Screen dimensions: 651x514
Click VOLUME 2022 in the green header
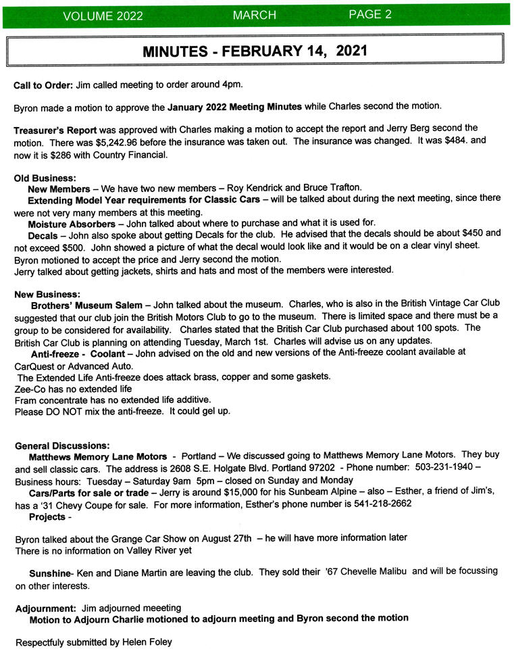[x=102, y=16]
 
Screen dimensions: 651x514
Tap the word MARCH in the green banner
[x=255, y=15]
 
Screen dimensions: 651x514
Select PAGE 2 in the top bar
[x=370, y=14]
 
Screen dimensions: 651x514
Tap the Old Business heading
[x=45, y=178]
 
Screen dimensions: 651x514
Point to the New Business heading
[x=47, y=294]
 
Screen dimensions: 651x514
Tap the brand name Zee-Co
[x=30, y=389]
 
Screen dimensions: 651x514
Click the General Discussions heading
[x=62, y=445]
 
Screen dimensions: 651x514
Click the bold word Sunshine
[x=51, y=573]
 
